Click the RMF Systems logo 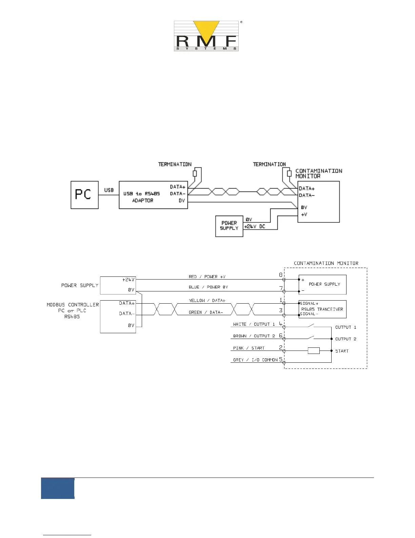point(206,36)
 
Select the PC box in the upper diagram point(84,195)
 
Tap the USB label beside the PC point(109,190)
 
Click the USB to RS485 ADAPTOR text point(142,197)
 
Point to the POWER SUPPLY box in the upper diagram point(229,226)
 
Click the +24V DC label point(255,226)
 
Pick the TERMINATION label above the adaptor point(175,164)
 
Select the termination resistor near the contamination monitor point(289,174)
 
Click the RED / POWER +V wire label point(207,277)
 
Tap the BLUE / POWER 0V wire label point(208,287)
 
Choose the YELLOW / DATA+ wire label point(207,301)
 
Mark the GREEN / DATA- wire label point(206,312)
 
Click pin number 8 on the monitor point(281,275)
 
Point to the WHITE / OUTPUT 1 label point(254,324)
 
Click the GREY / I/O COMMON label point(255,360)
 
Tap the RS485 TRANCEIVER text point(322,309)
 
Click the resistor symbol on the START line point(314,351)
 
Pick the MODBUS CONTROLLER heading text point(73,305)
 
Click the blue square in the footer point(58,488)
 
